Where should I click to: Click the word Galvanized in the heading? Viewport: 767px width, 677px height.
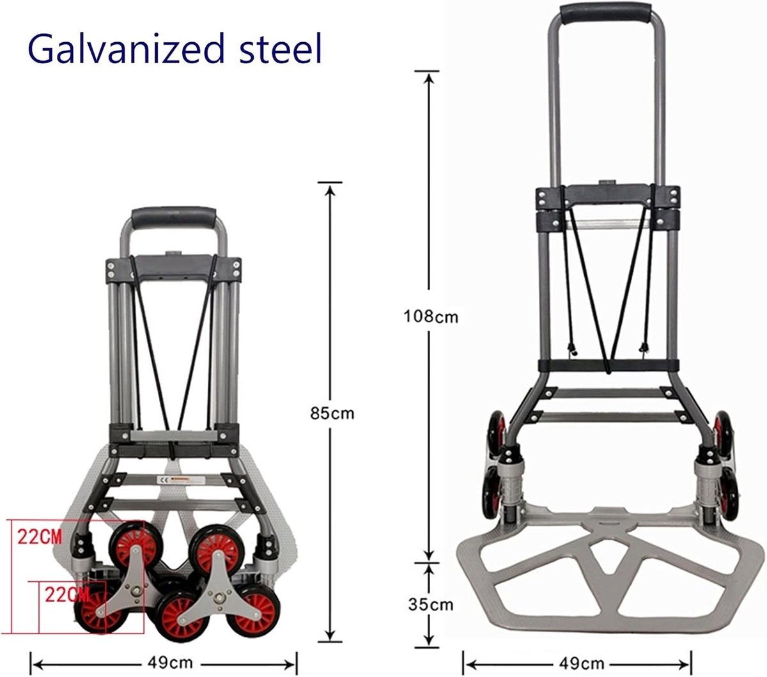127,49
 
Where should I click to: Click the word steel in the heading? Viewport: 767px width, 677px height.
281,49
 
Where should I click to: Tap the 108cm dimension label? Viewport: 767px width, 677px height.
431,316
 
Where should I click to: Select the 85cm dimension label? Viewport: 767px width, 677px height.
332,414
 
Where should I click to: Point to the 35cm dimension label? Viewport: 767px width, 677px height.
431,604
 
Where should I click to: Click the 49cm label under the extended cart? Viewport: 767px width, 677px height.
582,663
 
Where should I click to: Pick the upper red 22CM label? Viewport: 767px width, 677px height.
40,537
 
